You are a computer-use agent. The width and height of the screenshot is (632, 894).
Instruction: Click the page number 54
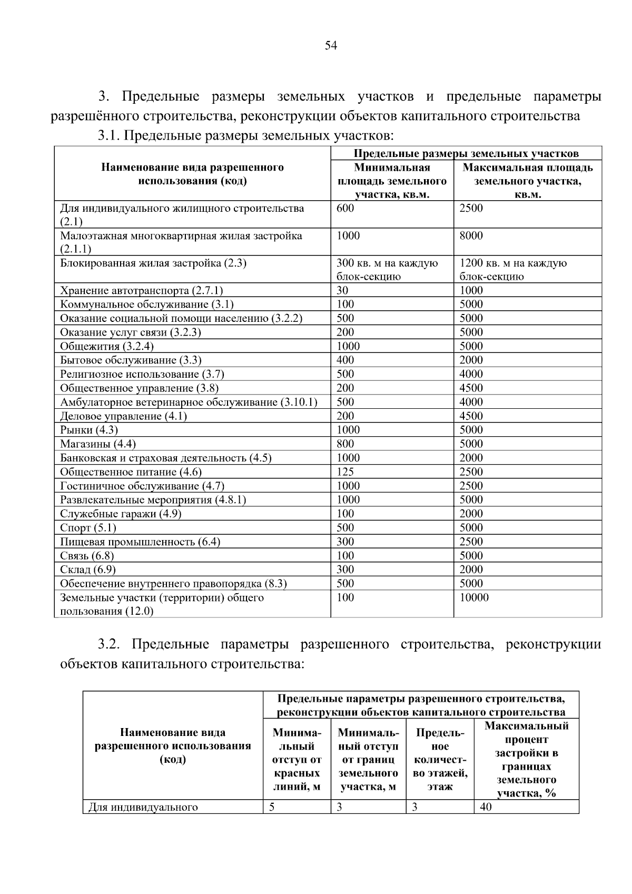coord(330,46)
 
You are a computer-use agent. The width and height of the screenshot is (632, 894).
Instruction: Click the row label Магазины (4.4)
coord(97,444)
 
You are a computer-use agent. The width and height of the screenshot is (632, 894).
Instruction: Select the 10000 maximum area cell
coord(474,597)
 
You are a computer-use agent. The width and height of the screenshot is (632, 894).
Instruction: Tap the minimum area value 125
coord(345,472)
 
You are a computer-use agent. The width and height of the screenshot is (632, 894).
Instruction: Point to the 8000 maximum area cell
coord(471,235)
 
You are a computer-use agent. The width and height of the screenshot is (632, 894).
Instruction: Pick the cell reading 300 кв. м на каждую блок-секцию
coord(387,270)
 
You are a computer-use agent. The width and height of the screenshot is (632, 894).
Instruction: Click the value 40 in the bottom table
coord(486,807)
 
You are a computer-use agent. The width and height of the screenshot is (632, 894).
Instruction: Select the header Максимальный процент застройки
coord(526,759)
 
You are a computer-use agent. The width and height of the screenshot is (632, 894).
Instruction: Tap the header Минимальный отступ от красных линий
coord(297,759)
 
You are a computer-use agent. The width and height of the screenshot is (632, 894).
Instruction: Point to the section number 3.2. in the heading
coord(110,644)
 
